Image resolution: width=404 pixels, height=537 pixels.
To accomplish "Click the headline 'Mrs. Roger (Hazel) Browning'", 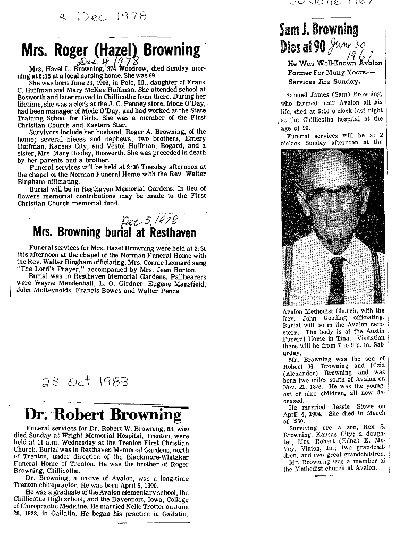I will click(x=111, y=50).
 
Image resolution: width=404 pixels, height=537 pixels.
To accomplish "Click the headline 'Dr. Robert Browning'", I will click(x=103, y=414).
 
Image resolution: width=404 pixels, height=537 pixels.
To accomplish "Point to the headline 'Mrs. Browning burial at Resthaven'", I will click(x=114, y=232).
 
